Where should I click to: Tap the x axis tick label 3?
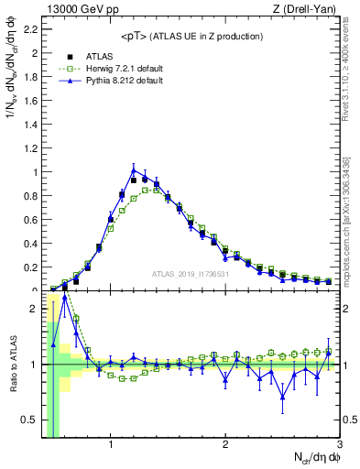click(339, 445)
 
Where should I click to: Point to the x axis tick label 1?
click(111, 445)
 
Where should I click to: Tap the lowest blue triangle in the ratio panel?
click(283, 396)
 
